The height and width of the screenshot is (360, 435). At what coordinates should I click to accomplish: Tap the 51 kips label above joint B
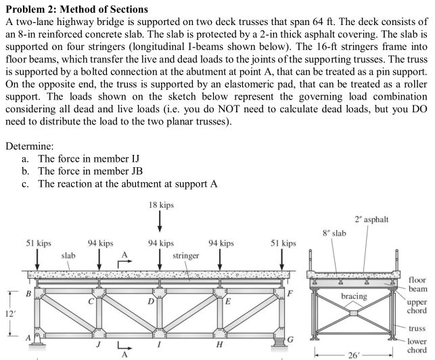pyautogui.click(x=38, y=242)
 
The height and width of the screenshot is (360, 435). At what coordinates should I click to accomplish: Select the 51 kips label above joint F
pyautogui.click(x=283, y=242)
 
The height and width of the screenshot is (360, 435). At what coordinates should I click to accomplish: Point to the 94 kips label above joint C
pyautogui.click(x=100, y=242)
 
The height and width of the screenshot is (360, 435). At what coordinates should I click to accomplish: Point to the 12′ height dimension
pyautogui.click(x=9, y=315)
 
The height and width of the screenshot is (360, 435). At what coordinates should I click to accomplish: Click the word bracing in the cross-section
pyautogui.click(x=354, y=296)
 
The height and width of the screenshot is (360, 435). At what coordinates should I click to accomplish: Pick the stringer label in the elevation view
pyautogui.click(x=185, y=256)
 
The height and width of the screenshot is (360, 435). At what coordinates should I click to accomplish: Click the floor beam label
pyautogui.click(x=417, y=284)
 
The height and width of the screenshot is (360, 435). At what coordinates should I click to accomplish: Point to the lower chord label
pyautogui.click(x=417, y=345)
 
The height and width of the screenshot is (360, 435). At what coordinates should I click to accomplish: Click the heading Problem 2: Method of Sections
pyautogui.click(x=76, y=9)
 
